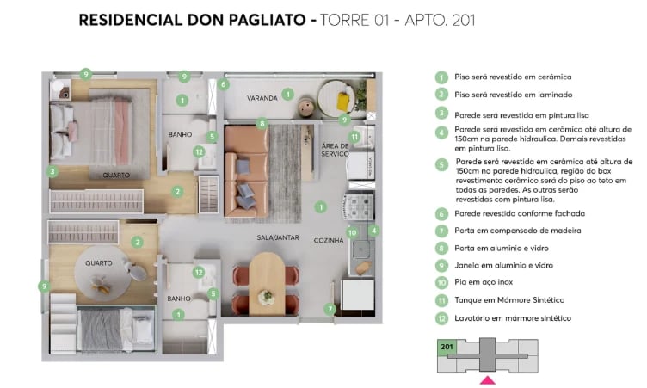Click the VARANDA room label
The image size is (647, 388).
tap(262, 98)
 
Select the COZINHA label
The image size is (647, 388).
tap(329, 240)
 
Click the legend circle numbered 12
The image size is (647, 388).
tap(441, 318)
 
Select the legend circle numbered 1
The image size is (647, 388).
tap(441, 77)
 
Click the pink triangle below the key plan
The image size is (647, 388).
tap(487, 379)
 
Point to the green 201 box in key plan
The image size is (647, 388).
tap(447, 347)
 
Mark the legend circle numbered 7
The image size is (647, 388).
tap(441, 231)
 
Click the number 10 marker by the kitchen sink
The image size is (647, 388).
tap(351, 232)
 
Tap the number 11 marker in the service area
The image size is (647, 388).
tap(354, 137)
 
